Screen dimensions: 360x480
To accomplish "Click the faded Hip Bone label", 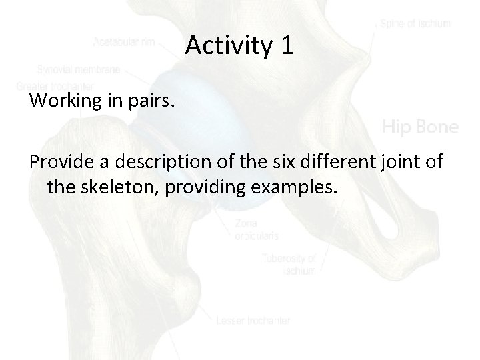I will (x=420, y=127).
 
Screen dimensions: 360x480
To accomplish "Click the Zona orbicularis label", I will (x=257, y=230).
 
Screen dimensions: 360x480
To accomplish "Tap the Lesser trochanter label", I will (x=253, y=321).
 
